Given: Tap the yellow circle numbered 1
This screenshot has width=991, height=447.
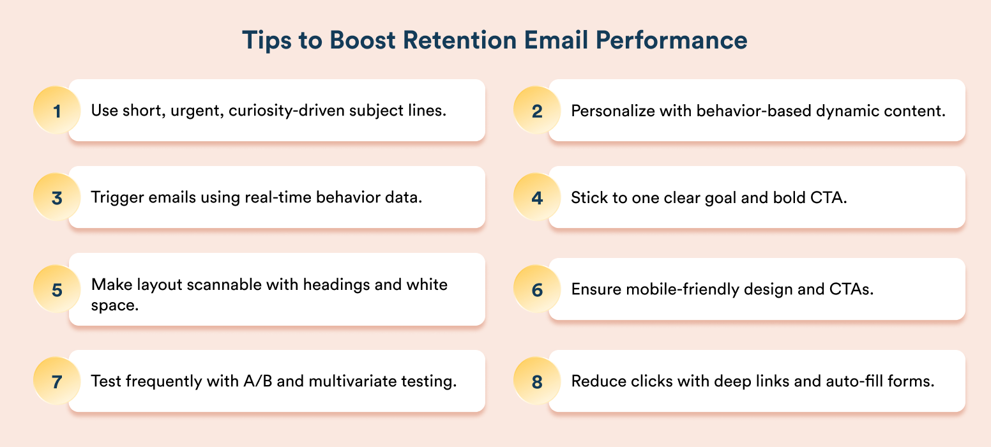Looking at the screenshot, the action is (57, 110).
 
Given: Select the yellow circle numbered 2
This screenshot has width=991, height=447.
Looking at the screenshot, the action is (537, 110).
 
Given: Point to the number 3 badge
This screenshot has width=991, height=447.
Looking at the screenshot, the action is (57, 197).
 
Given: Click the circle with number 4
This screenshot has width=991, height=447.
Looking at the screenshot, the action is (537, 197).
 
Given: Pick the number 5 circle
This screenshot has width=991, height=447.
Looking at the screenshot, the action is (57, 289).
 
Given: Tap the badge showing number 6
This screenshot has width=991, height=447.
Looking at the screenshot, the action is (537, 289).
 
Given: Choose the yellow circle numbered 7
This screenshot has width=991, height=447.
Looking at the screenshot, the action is (57, 381).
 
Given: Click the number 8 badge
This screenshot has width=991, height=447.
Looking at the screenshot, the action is (537, 381).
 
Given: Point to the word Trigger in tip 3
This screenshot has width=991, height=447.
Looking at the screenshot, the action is (117, 197).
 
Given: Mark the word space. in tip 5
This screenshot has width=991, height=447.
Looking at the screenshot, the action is (114, 306).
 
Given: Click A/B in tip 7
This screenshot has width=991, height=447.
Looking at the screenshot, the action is (257, 381).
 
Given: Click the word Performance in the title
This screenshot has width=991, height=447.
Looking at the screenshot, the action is (672, 40).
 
